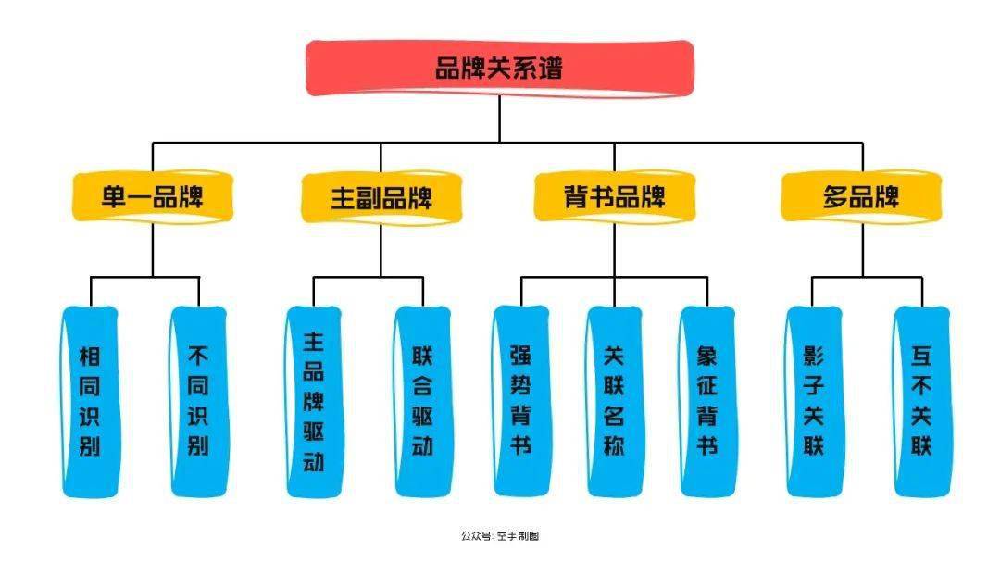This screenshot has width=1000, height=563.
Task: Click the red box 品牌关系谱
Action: [499, 68]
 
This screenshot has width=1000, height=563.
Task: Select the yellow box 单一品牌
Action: [153, 197]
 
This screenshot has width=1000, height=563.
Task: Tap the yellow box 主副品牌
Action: [381, 197]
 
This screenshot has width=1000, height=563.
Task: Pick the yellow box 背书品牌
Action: [614, 197]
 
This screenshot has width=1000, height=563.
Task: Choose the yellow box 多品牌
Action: [861, 197]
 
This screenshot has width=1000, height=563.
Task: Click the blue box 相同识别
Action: [90, 401]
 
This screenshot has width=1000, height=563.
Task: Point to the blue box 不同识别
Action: [198, 401]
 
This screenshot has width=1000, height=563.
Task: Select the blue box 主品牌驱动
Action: [314, 401]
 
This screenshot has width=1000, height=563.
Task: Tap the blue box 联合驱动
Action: [422, 401]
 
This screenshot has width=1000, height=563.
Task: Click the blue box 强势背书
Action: [520, 401]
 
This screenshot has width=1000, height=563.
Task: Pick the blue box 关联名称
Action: [614, 401]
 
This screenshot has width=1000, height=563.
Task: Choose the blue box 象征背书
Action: [707, 401]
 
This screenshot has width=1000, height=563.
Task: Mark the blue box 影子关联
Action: [814, 401]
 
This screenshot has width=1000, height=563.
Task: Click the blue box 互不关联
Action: [921, 401]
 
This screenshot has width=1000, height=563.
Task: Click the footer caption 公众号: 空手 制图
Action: [499, 536]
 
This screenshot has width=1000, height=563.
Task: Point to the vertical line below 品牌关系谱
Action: [499, 119]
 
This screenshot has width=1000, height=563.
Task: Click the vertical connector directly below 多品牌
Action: [862, 248]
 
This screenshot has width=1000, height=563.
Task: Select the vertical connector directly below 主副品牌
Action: [381, 248]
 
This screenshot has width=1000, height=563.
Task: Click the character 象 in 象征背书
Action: [707, 357]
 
